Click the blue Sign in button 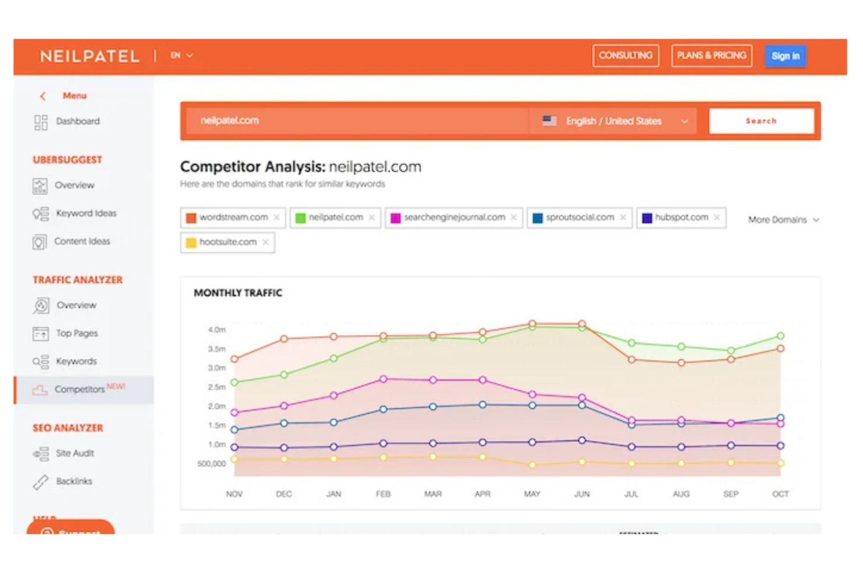click(785, 56)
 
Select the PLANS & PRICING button click(711, 55)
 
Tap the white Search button click(761, 121)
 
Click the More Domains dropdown click(783, 220)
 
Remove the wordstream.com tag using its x click(276, 217)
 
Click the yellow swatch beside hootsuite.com click(191, 242)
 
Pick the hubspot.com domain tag click(681, 217)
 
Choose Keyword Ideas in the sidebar click(86, 213)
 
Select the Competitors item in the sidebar click(79, 389)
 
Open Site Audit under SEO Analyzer click(75, 453)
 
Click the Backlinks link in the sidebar click(74, 481)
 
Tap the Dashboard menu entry click(78, 121)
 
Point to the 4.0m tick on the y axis click(216, 330)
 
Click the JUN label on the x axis click(581, 494)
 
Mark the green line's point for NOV click(234, 382)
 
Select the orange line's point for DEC click(284, 338)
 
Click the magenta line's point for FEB click(383, 379)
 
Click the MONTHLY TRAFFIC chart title click(237, 293)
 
